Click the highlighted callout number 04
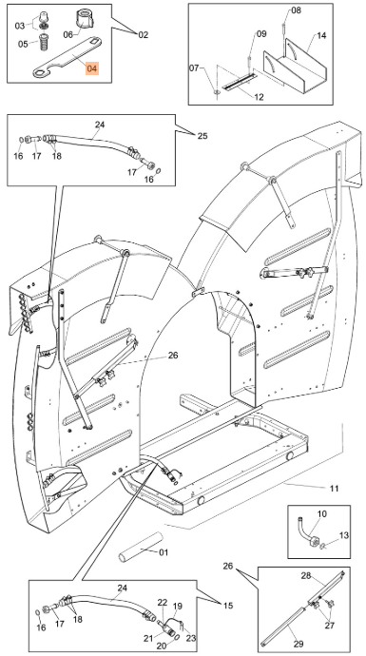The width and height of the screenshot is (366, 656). (x=92, y=68)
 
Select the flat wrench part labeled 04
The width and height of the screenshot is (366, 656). (x=67, y=57)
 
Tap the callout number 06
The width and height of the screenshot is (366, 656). (x=68, y=35)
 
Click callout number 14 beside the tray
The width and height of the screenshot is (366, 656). (x=320, y=35)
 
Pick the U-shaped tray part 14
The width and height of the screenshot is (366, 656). (x=295, y=67)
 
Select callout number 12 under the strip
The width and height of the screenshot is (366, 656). (x=259, y=98)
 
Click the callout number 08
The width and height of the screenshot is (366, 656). (x=296, y=10)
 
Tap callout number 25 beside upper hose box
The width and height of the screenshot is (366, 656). (x=202, y=136)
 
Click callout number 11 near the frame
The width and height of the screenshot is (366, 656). (x=334, y=489)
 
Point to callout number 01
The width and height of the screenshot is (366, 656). (x=164, y=552)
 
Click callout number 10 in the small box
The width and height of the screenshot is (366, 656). (x=322, y=513)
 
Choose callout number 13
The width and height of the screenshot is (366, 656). (x=343, y=535)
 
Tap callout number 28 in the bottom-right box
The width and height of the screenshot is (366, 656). (x=306, y=576)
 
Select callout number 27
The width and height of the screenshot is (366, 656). (x=329, y=626)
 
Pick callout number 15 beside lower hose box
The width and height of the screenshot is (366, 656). (x=228, y=606)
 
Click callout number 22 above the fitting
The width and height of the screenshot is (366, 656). (x=163, y=603)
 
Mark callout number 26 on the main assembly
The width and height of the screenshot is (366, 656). (x=173, y=356)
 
